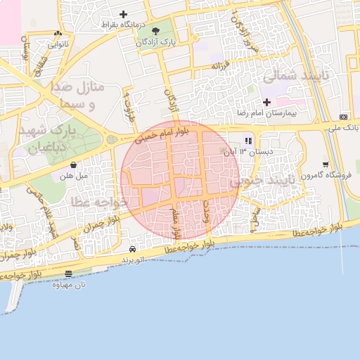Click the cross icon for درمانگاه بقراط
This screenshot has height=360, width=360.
(124, 14)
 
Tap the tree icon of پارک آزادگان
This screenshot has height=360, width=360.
(155, 31)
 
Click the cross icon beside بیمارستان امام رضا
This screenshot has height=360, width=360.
(266, 102)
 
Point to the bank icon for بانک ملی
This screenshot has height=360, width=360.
(343, 117)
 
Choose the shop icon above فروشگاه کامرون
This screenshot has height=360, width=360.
(325, 165)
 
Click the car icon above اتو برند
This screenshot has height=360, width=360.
(133, 249)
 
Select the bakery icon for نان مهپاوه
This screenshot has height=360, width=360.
(68, 274)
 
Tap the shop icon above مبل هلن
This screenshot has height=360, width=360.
(73, 165)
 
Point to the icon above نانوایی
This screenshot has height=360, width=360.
(58, 33)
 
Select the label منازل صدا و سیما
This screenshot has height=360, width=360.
(78, 96)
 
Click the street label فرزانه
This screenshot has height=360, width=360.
(221, 66)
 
